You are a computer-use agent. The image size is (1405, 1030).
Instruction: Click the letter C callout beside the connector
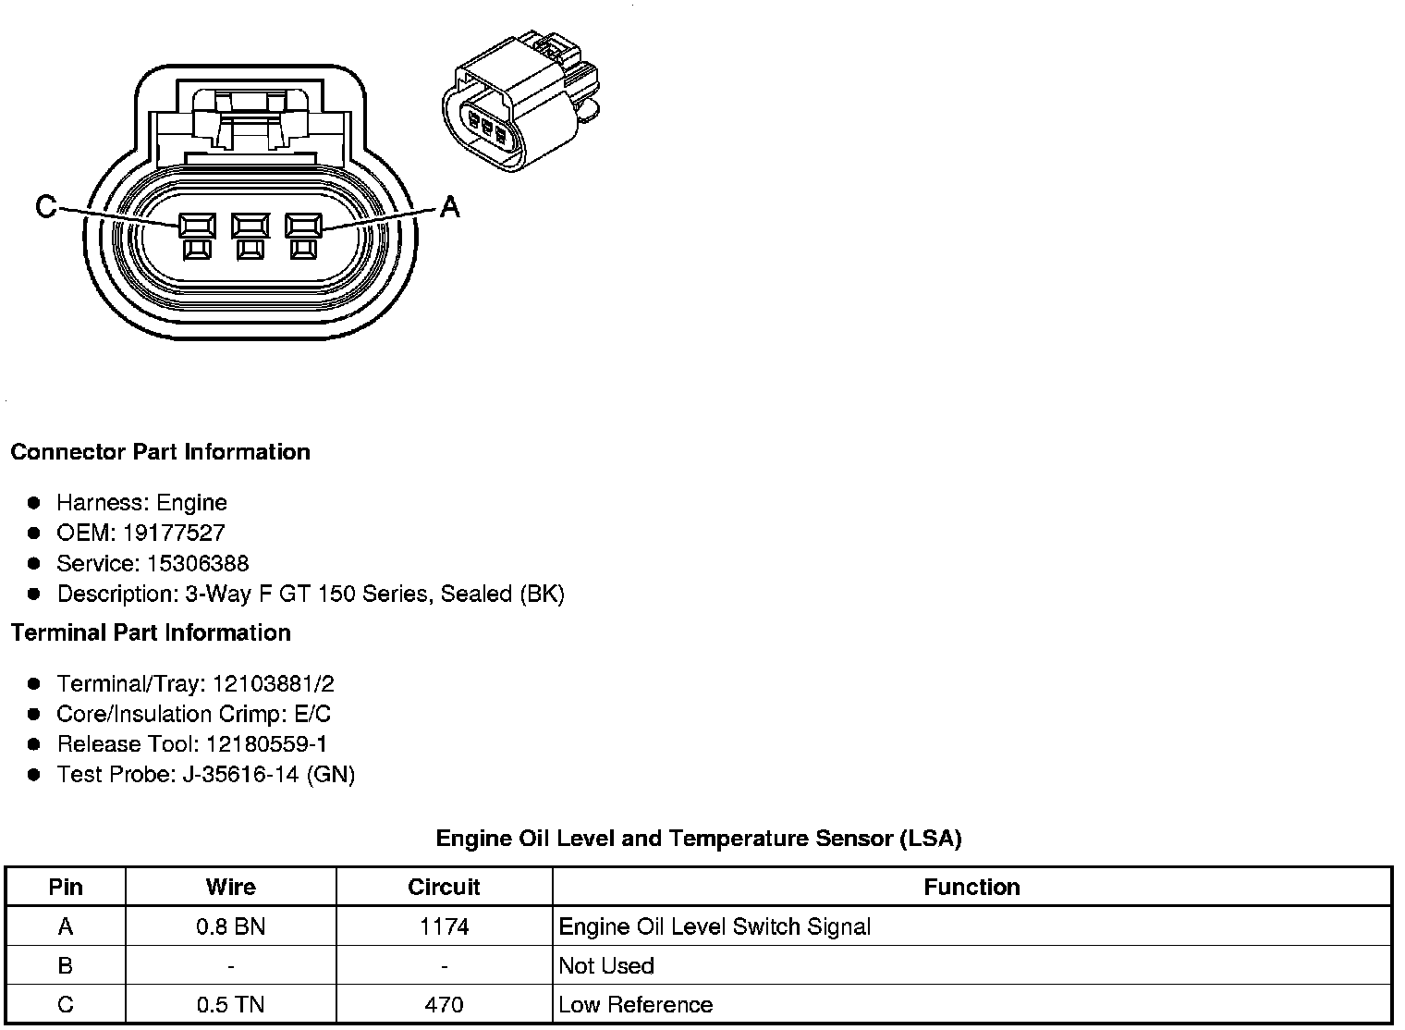[x=45, y=206]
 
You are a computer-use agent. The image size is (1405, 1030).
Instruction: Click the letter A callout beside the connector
[x=449, y=206]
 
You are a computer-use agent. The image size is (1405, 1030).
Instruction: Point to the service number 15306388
[x=198, y=563]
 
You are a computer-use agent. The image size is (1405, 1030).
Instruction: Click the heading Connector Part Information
[x=160, y=452]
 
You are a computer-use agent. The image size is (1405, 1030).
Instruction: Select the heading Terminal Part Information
[x=151, y=632]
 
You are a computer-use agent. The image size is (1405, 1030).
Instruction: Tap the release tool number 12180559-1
[x=266, y=744]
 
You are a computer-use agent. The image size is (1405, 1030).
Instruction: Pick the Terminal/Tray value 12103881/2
[x=273, y=684]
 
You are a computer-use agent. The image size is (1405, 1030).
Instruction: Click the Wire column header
[x=230, y=888]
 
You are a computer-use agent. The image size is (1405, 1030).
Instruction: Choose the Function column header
[x=971, y=888]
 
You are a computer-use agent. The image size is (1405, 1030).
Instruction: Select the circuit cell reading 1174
[x=444, y=926]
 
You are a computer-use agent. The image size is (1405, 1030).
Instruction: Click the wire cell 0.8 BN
[x=230, y=926]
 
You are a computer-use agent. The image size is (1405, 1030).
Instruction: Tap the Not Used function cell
[x=606, y=966]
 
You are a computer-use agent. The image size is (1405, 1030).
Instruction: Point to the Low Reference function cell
[x=636, y=1005]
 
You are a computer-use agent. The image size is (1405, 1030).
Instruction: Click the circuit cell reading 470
[x=444, y=1005]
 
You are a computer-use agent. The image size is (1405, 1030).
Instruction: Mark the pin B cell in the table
[x=66, y=966]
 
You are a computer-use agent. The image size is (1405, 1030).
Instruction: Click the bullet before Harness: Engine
[x=34, y=503]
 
